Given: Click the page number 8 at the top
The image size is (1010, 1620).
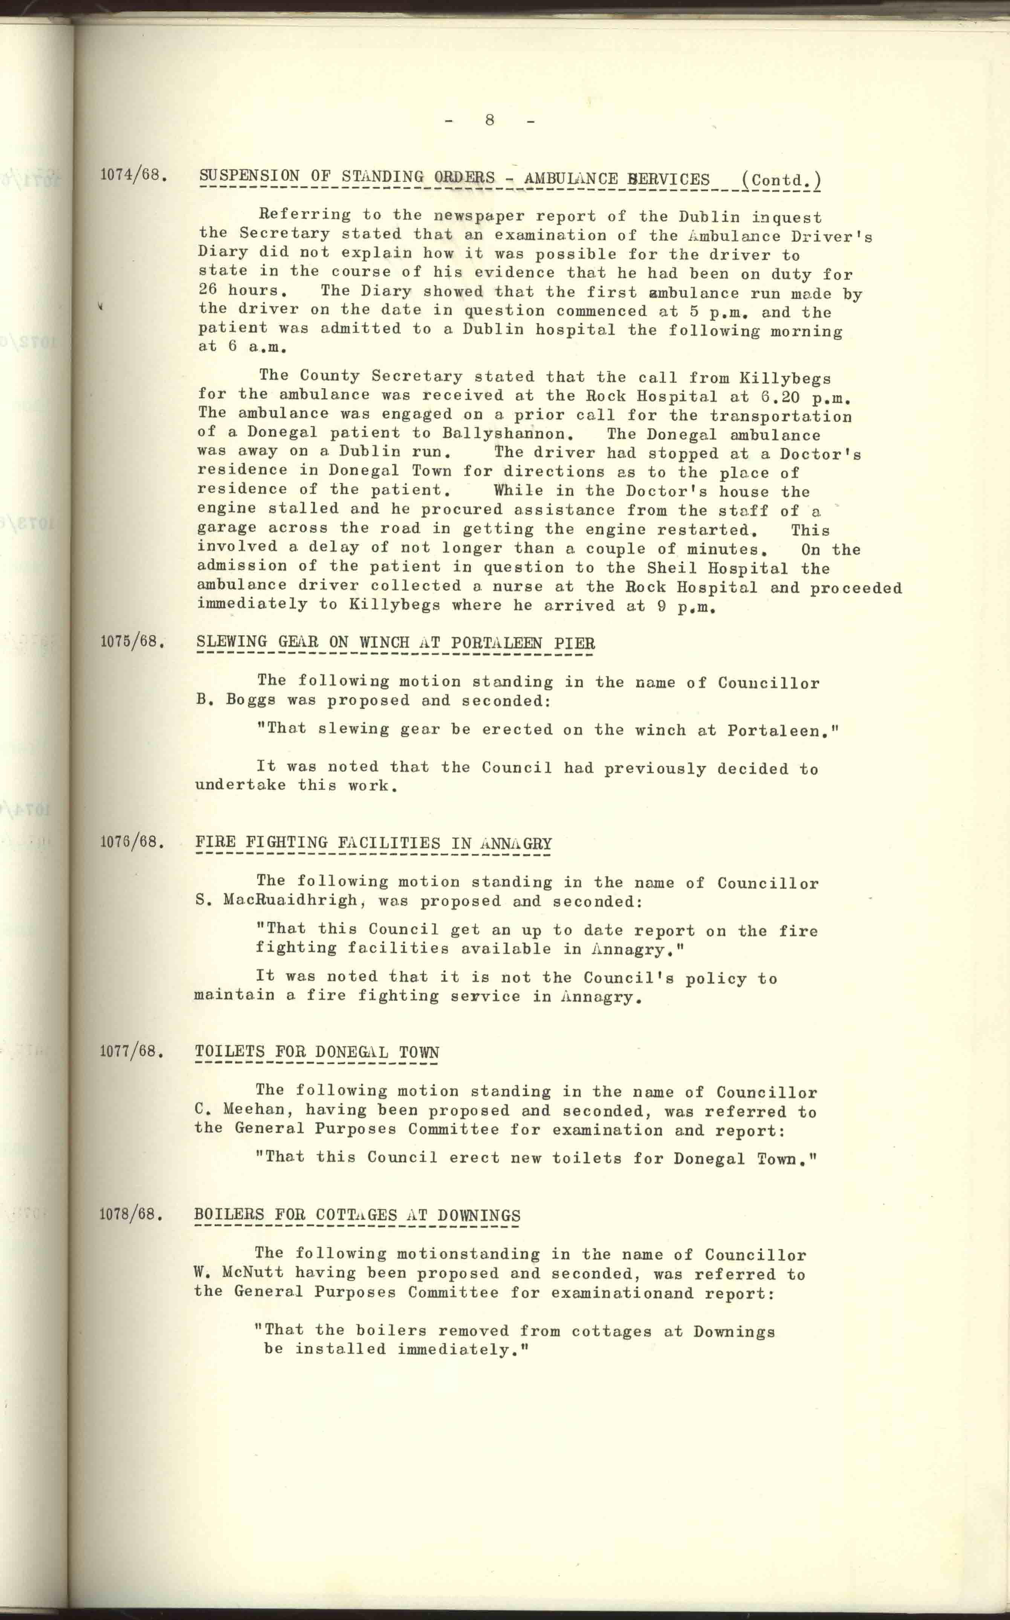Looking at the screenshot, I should (490, 120).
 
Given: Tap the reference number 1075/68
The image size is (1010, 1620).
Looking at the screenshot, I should (131, 641).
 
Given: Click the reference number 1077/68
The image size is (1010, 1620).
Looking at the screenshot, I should (131, 1051).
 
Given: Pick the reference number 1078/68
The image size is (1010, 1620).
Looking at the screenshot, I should (131, 1214).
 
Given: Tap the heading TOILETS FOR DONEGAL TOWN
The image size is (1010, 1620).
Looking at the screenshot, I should (317, 1052).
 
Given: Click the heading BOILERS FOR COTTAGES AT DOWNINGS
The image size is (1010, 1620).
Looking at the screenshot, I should (358, 1215).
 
